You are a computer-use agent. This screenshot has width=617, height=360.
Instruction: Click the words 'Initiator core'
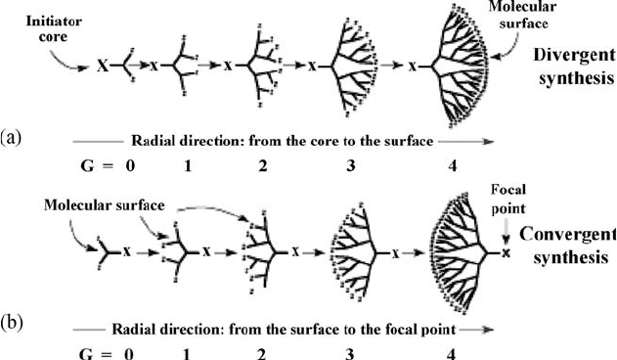54,28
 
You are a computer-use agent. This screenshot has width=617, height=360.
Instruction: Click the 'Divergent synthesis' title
575,67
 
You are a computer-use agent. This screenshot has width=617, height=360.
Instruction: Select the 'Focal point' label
508,199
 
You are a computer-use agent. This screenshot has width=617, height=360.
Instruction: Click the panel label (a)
11,138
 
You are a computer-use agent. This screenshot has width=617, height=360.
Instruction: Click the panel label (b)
12,324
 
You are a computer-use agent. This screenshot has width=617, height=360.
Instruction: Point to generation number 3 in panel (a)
351,166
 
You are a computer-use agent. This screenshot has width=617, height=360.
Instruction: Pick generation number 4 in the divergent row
453,166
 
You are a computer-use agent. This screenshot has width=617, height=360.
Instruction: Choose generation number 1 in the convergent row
187,354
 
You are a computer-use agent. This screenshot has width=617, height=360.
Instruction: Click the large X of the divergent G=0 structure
103,67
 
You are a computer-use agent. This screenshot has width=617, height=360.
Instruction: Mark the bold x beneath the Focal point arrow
507,253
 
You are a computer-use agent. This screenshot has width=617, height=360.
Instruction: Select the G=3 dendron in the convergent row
354,252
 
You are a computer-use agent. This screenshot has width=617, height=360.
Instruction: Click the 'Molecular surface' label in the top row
522,15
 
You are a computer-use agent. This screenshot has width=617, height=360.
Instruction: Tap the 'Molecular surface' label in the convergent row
105,205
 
